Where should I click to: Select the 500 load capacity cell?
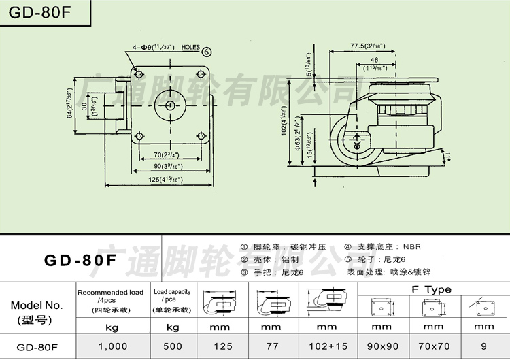coord(173,346)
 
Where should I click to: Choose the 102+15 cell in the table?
coord(326,346)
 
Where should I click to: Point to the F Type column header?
coord(431,289)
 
